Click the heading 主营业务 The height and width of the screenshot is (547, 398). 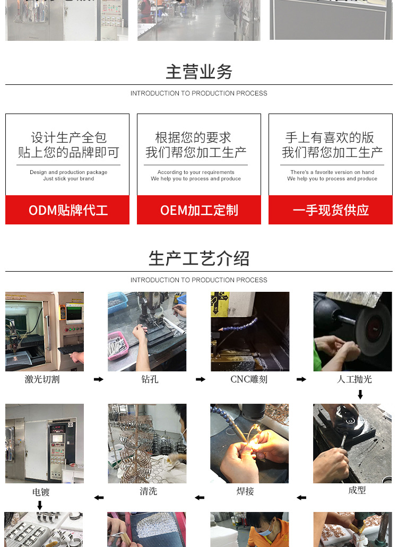(199, 72)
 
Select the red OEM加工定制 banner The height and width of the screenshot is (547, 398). (199, 210)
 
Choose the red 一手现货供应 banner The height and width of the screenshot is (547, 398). (331, 210)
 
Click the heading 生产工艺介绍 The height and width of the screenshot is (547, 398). (199, 258)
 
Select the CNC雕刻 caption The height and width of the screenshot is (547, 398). (249, 379)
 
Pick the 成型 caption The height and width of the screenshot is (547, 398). (357, 490)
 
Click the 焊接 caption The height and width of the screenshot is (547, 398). (245, 491)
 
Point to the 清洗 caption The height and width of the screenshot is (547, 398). (149, 491)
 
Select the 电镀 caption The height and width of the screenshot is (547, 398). (41, 492)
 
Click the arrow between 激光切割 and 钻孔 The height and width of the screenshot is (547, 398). (98, 379)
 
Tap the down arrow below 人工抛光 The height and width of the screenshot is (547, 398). (360, 394)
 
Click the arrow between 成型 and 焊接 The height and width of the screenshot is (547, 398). (301, 498)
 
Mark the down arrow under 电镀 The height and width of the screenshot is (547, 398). (40, 505)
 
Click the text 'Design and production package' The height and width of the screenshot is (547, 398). (68, 172)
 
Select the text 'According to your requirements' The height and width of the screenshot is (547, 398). (196, 172)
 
